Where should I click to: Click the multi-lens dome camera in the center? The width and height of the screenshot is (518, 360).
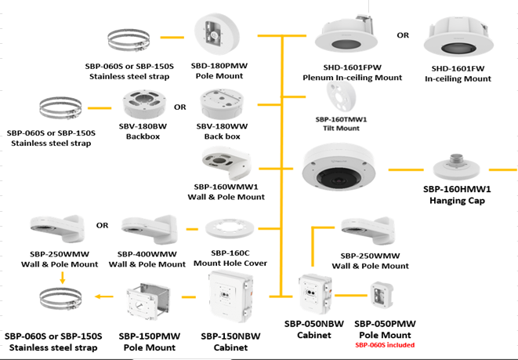tap(344, 173)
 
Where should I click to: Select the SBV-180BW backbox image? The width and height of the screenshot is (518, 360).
tap(143, 105)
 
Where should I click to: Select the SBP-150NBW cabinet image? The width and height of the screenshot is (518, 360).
tap(230, 297)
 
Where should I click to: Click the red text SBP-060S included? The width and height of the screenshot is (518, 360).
tap(384, 344)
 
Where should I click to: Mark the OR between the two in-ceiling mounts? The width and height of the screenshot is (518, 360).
tap(403, 35)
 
